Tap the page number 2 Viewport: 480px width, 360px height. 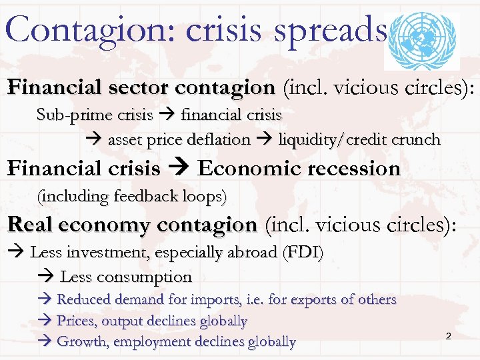448,336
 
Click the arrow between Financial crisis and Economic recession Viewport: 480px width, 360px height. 179,169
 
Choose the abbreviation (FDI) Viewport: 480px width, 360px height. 303,253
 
